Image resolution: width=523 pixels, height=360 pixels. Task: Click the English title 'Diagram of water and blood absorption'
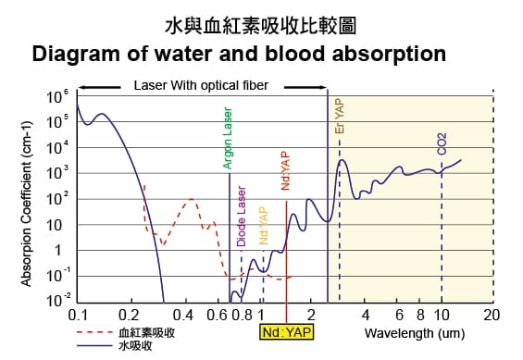[x=239, y=54]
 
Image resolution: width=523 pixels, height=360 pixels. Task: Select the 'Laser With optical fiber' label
[x=201, y=85]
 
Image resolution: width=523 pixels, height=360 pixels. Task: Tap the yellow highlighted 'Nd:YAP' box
[x=286, y=332]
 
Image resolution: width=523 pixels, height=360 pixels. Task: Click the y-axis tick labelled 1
[x=62, y=250]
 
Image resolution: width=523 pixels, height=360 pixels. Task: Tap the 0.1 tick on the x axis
[x=79, y=315]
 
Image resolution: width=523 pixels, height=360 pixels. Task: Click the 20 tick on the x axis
[x=492, y=315]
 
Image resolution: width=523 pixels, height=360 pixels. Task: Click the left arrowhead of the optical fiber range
[x=82, y=86]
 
